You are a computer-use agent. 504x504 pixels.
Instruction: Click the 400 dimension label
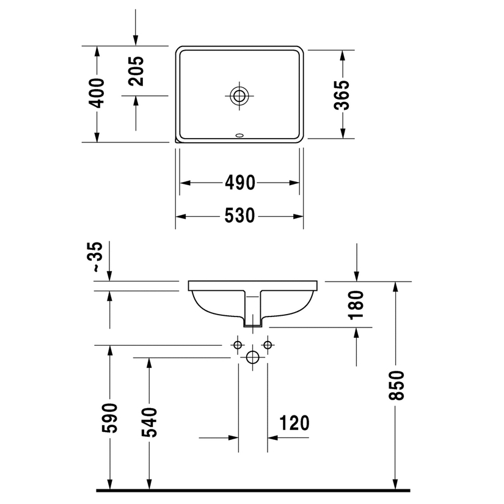coord(97,93)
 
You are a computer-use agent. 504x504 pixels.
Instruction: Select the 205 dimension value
coord(136,71)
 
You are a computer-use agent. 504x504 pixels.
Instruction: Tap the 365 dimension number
coord(341,95)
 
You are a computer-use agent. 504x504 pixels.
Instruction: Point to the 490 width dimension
coord(240,183)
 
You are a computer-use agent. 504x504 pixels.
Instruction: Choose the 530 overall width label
coord(240,216)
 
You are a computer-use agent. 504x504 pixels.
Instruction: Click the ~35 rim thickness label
coord(95,257)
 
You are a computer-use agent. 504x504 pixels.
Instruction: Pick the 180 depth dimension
coord(356,305)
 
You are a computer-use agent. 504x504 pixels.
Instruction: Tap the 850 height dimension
coord(396,385)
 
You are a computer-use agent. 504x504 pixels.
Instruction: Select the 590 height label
coord(109,417)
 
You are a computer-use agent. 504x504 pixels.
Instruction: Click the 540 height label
coord(149,422)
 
